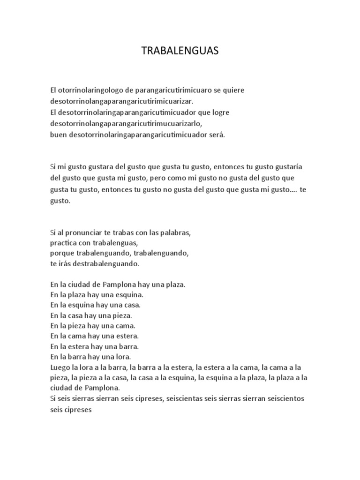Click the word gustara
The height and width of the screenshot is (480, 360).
pos(105,166)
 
